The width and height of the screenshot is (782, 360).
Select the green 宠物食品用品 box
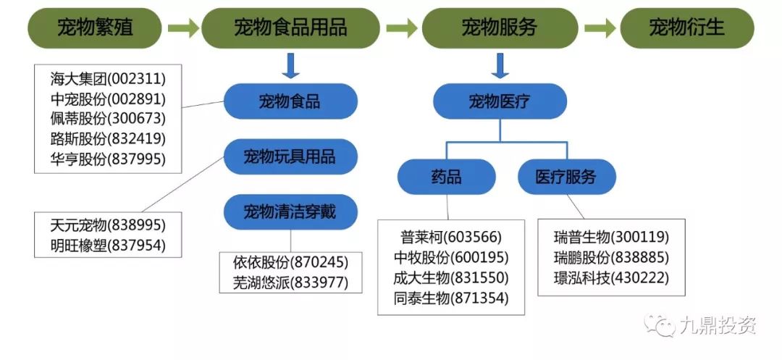click(x=290, y=29)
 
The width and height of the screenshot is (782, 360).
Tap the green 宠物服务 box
click(x=500, y=29)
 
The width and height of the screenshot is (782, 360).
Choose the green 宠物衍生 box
click(x=687, y=29)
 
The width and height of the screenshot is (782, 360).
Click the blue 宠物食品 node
click(x=290, y=101)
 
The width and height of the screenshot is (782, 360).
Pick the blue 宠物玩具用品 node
click(x=290, y=156)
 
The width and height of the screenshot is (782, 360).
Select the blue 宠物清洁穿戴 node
click(x=290, y=212)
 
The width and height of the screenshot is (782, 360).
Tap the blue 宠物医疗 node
click(x=499, y=101)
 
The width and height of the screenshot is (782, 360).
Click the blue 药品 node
click(x=446, y=177)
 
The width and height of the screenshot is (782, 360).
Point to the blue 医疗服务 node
click(x=566, y=177)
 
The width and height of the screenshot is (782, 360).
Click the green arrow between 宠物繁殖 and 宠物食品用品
click(x=183, y=29)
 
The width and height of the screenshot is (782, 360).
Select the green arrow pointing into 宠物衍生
click(x=600, y=29)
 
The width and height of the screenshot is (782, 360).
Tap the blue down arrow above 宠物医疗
click(x=499, y=66)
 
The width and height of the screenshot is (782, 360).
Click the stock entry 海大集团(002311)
click(x=108, y=78)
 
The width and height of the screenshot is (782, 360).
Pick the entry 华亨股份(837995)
click(x=108, y=159)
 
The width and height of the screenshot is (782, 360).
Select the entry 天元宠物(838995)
click(x=108, y=225)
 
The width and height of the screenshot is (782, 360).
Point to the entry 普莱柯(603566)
click(x=451, y=238)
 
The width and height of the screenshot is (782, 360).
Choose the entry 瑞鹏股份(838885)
click(x=611, y=257)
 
